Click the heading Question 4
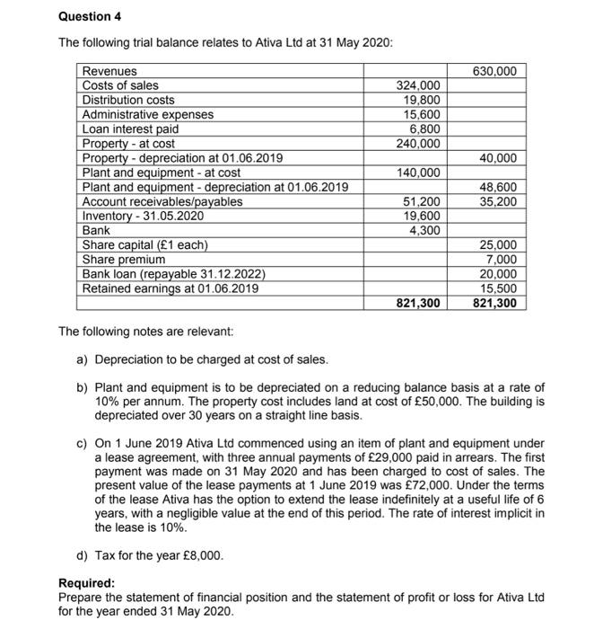click(x=89, y=16)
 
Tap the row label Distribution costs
click(x=128, y=101)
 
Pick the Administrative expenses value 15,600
click(x=422, y=115)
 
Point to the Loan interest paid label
click(x=130, y=129)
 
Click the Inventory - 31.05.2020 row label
click(x=143, y=216)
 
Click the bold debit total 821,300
click(x=418, y=304)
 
